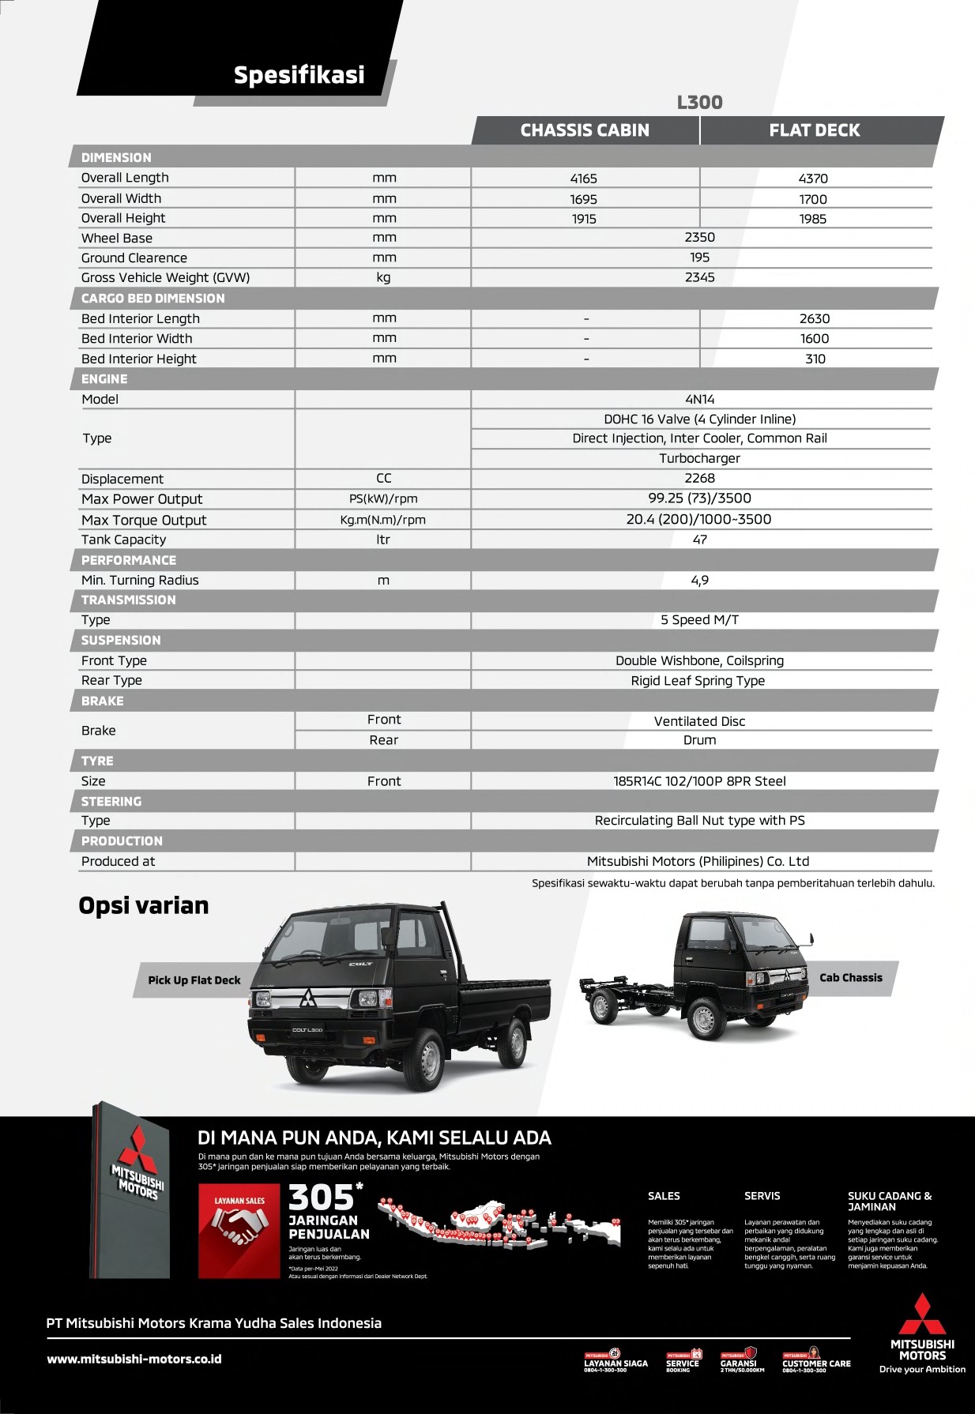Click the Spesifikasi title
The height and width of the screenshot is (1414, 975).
pyautogui.click(x=299, y=75)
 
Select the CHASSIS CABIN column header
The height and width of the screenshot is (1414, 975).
pyautogui.click(x=585, y=130)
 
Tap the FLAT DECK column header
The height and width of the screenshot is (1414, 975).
pyautogui.click(x=815, y=130)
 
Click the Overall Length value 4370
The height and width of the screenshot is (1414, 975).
pyautogui.click(x=813, y=179)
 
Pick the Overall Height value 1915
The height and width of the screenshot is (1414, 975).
pyautogui.click(x=584, y=219)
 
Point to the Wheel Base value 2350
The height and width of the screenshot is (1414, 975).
pyautogui.click(x=699, y=237)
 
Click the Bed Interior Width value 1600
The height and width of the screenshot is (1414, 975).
pyautogui.click(x=814, y=338)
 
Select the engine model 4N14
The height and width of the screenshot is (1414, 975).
pyautogui.click(x=699, y=399)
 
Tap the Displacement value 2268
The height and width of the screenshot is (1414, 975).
pyautogui.click(x=699, y=478)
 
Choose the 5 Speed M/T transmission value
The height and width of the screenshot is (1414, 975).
pyautogui.click(x=699, y=619)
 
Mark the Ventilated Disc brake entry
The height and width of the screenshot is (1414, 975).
pyautogui.click(x=699, y=721)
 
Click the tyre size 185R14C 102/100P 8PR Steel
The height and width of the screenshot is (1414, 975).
pyautogui.click(x=699, y=780)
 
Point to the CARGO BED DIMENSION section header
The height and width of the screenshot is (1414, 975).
pyautogui.click(x=152, y=298)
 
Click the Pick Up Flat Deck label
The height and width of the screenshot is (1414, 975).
pyautogui.click(x=194, y=980)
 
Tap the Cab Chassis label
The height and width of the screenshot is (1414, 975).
pyautogui.click(x=850, y=977)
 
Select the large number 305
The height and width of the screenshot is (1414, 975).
pyautogui.click(x=322, y=1197)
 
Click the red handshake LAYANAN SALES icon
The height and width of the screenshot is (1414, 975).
pyautogui.click(x=239, y=1230)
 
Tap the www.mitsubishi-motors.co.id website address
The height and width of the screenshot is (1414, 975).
pyautogui.click(x=134, y=1359)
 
